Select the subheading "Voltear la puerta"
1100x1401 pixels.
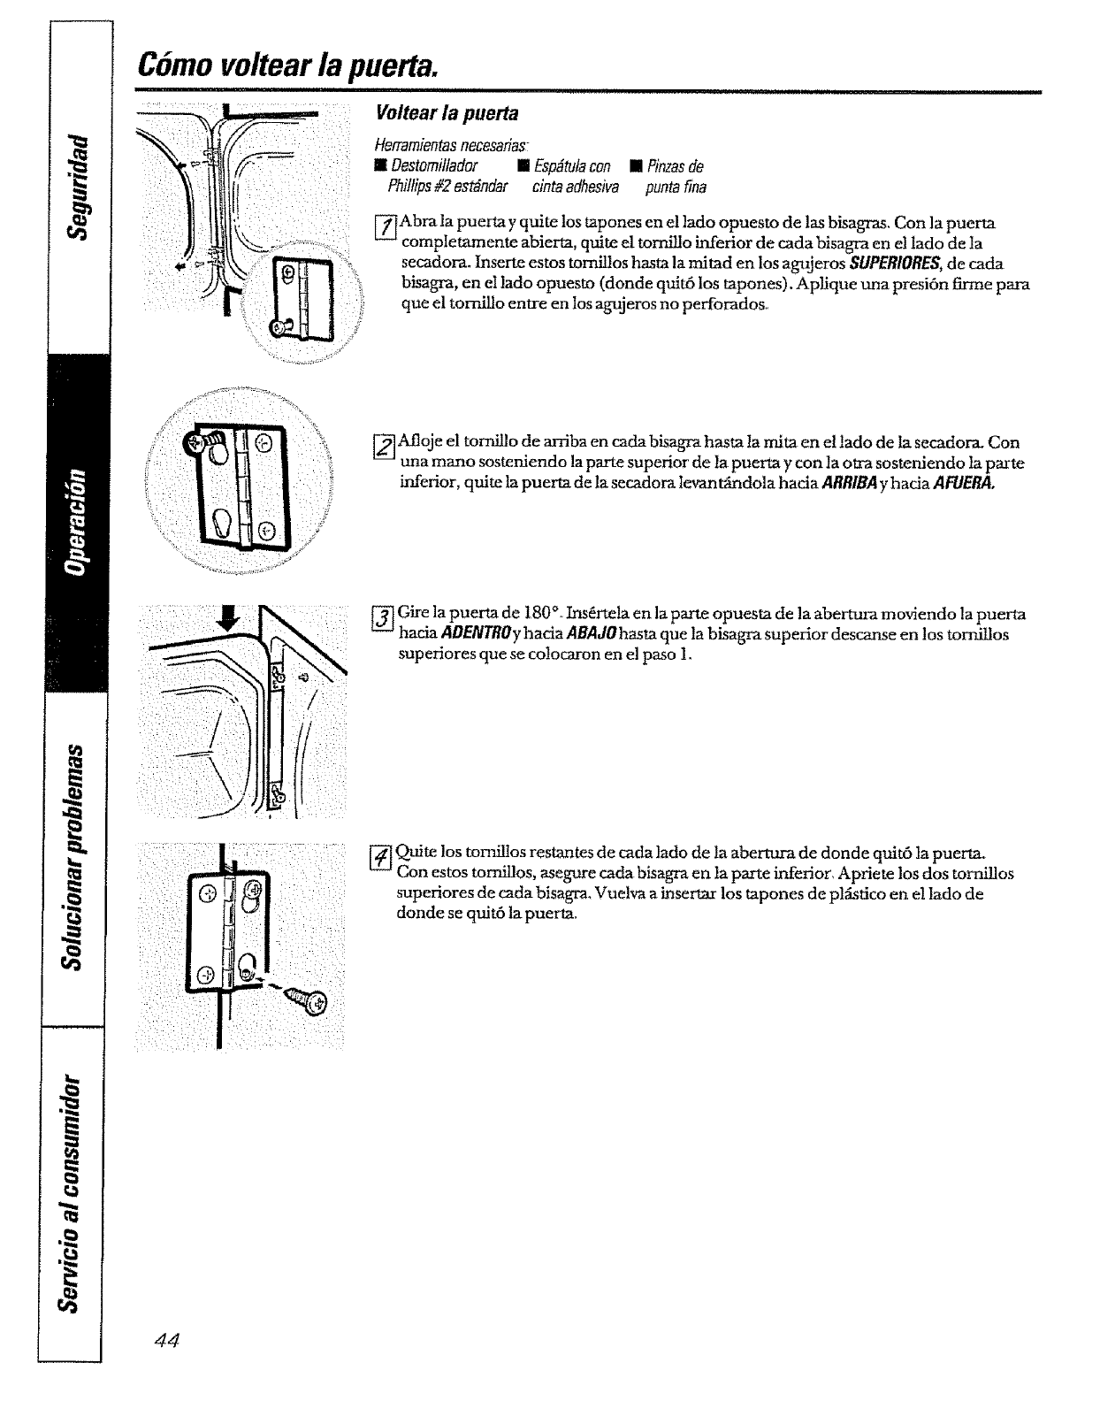point(447,114)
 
